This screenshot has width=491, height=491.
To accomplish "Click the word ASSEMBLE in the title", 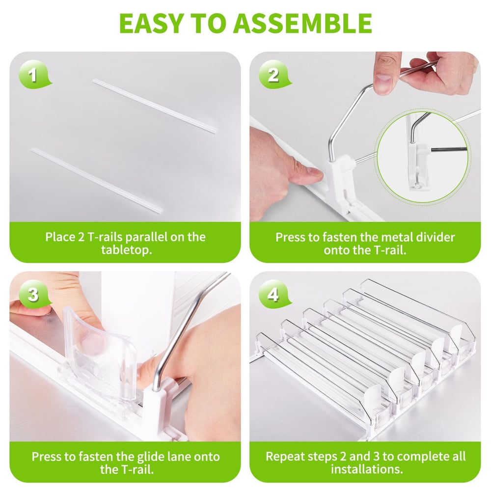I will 303,23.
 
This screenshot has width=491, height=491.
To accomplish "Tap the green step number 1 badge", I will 33,77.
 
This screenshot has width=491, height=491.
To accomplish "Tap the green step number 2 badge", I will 273,76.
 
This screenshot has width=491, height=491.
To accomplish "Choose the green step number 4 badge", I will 273,295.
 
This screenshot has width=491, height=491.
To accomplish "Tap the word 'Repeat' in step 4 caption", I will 285,456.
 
